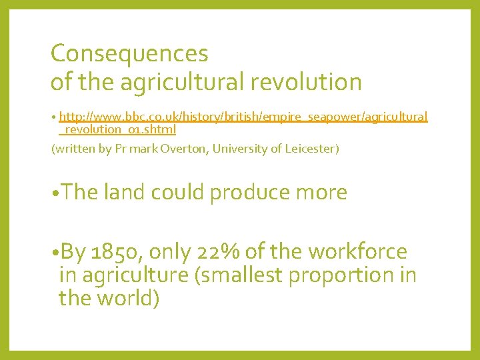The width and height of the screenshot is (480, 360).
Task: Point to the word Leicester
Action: [311, 149]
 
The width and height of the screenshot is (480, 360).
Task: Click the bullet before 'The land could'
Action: [55, 193]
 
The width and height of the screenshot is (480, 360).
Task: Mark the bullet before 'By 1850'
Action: [55, 253]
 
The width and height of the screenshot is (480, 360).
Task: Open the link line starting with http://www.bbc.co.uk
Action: [243, 117]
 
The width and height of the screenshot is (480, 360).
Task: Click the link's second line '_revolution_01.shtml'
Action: [117, 130]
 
